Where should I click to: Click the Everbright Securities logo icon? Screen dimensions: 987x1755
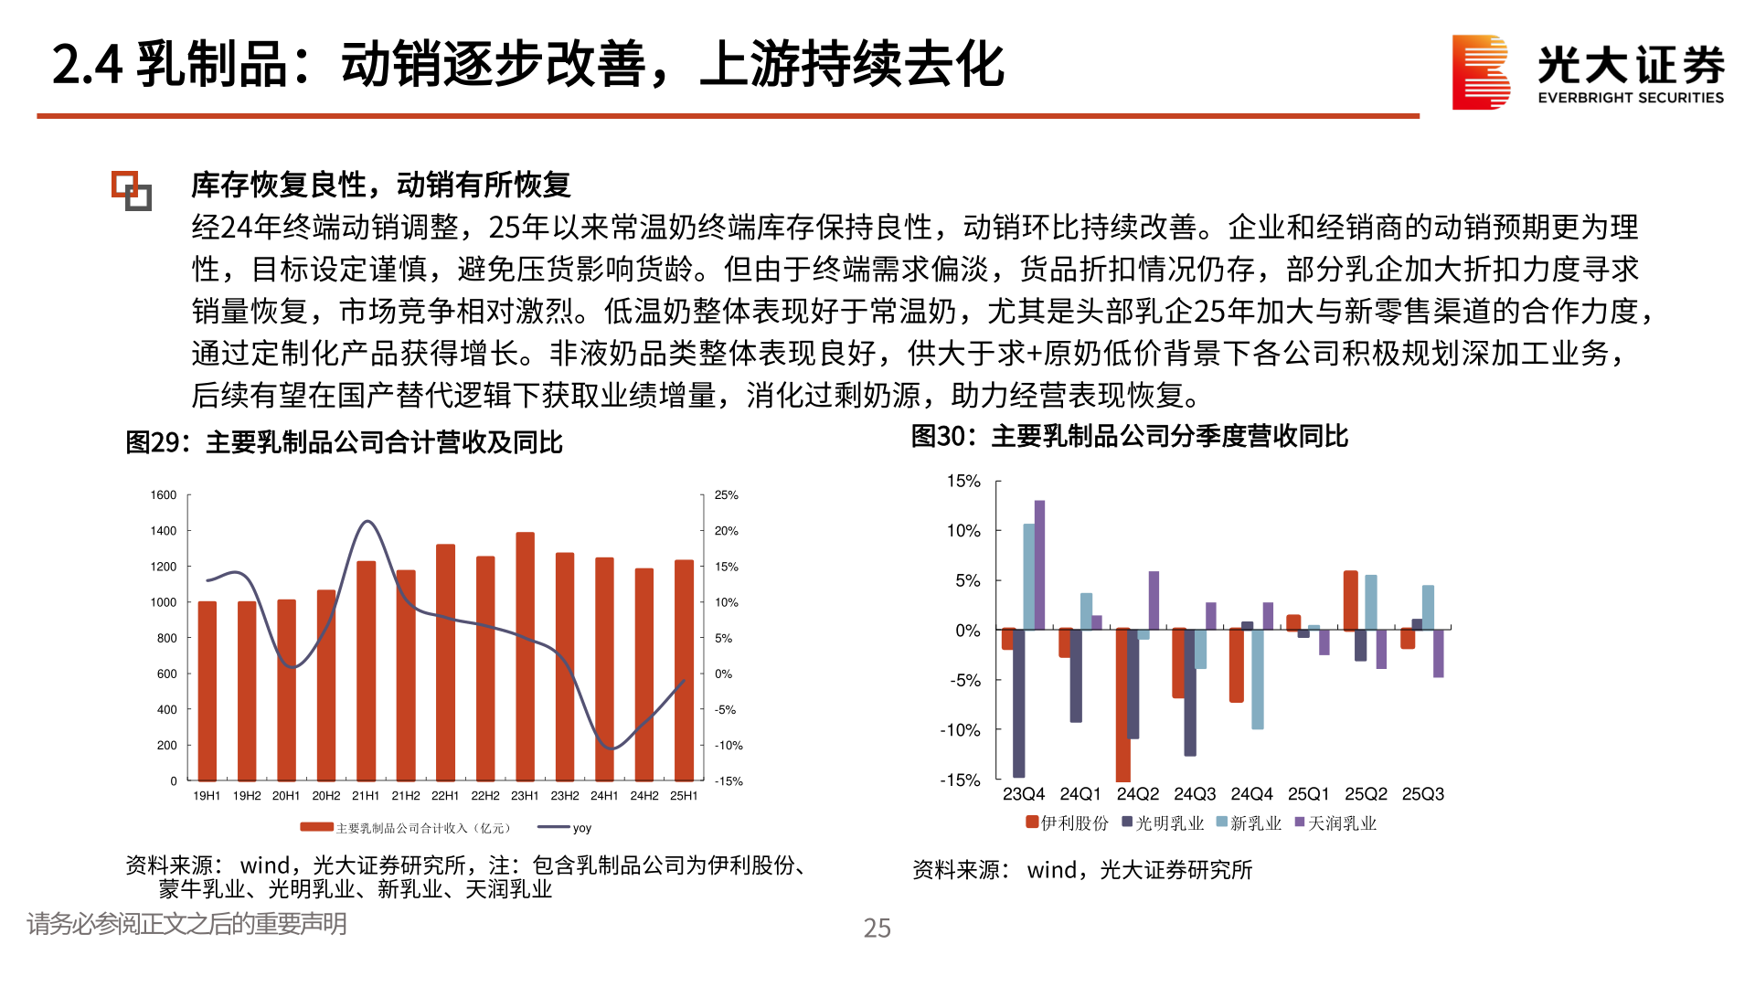click(x=1481, y=71)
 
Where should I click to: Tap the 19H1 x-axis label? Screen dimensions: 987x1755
click(x=207, y=796)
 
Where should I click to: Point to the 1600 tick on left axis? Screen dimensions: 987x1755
click(x=164, y=495)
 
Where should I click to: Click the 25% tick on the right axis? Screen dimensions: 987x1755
click(x=727, y=495)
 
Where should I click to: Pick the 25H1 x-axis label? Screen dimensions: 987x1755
click(x=684, y=796)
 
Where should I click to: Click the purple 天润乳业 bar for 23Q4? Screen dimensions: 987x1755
click(x=1039, y=565)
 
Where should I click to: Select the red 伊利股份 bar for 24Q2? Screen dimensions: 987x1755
click(x=1123, y=704)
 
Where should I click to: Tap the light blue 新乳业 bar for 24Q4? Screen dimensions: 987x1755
click(x=1258, y=679)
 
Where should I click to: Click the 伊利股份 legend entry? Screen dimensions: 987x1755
click(x=1067, y=822)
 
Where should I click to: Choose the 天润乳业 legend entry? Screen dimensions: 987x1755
click(x=1335, y=822)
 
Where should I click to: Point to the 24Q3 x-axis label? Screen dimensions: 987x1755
click(x=1195, y=794)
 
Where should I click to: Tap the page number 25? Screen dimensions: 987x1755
click(x=877, y=929)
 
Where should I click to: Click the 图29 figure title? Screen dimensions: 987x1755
click(x=344, y=442)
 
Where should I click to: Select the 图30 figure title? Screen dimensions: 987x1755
click(x=1129, y=436)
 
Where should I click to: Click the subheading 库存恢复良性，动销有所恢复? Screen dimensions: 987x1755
click(x=380, y=185)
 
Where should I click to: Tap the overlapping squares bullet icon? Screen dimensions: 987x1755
click(x=132, y=190)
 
